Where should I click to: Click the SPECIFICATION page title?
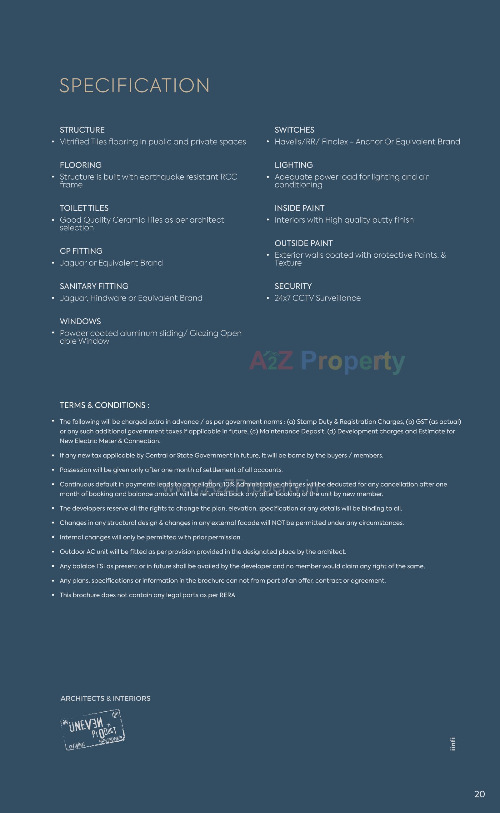(x=134, y=85)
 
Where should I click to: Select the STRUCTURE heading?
(x=82, y=130)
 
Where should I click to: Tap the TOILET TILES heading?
(x=84, y=208)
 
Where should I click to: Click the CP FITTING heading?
(x=81, y=251)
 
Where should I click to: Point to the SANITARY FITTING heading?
(x=94, y=286)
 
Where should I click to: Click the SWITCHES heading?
(x=294, y=130)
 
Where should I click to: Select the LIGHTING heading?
(x=294, y=165)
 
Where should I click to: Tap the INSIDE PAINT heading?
(x=299, y=208)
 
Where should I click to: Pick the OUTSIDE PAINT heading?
(x=303, y=243)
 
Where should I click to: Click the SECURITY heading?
(x=293, y=286)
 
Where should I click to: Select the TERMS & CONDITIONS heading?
(x=104, y=405)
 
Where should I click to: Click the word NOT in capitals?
(x=278, y=523)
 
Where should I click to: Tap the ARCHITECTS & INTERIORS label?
(x=106, y=698)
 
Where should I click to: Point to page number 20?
(x=479, y=794)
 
